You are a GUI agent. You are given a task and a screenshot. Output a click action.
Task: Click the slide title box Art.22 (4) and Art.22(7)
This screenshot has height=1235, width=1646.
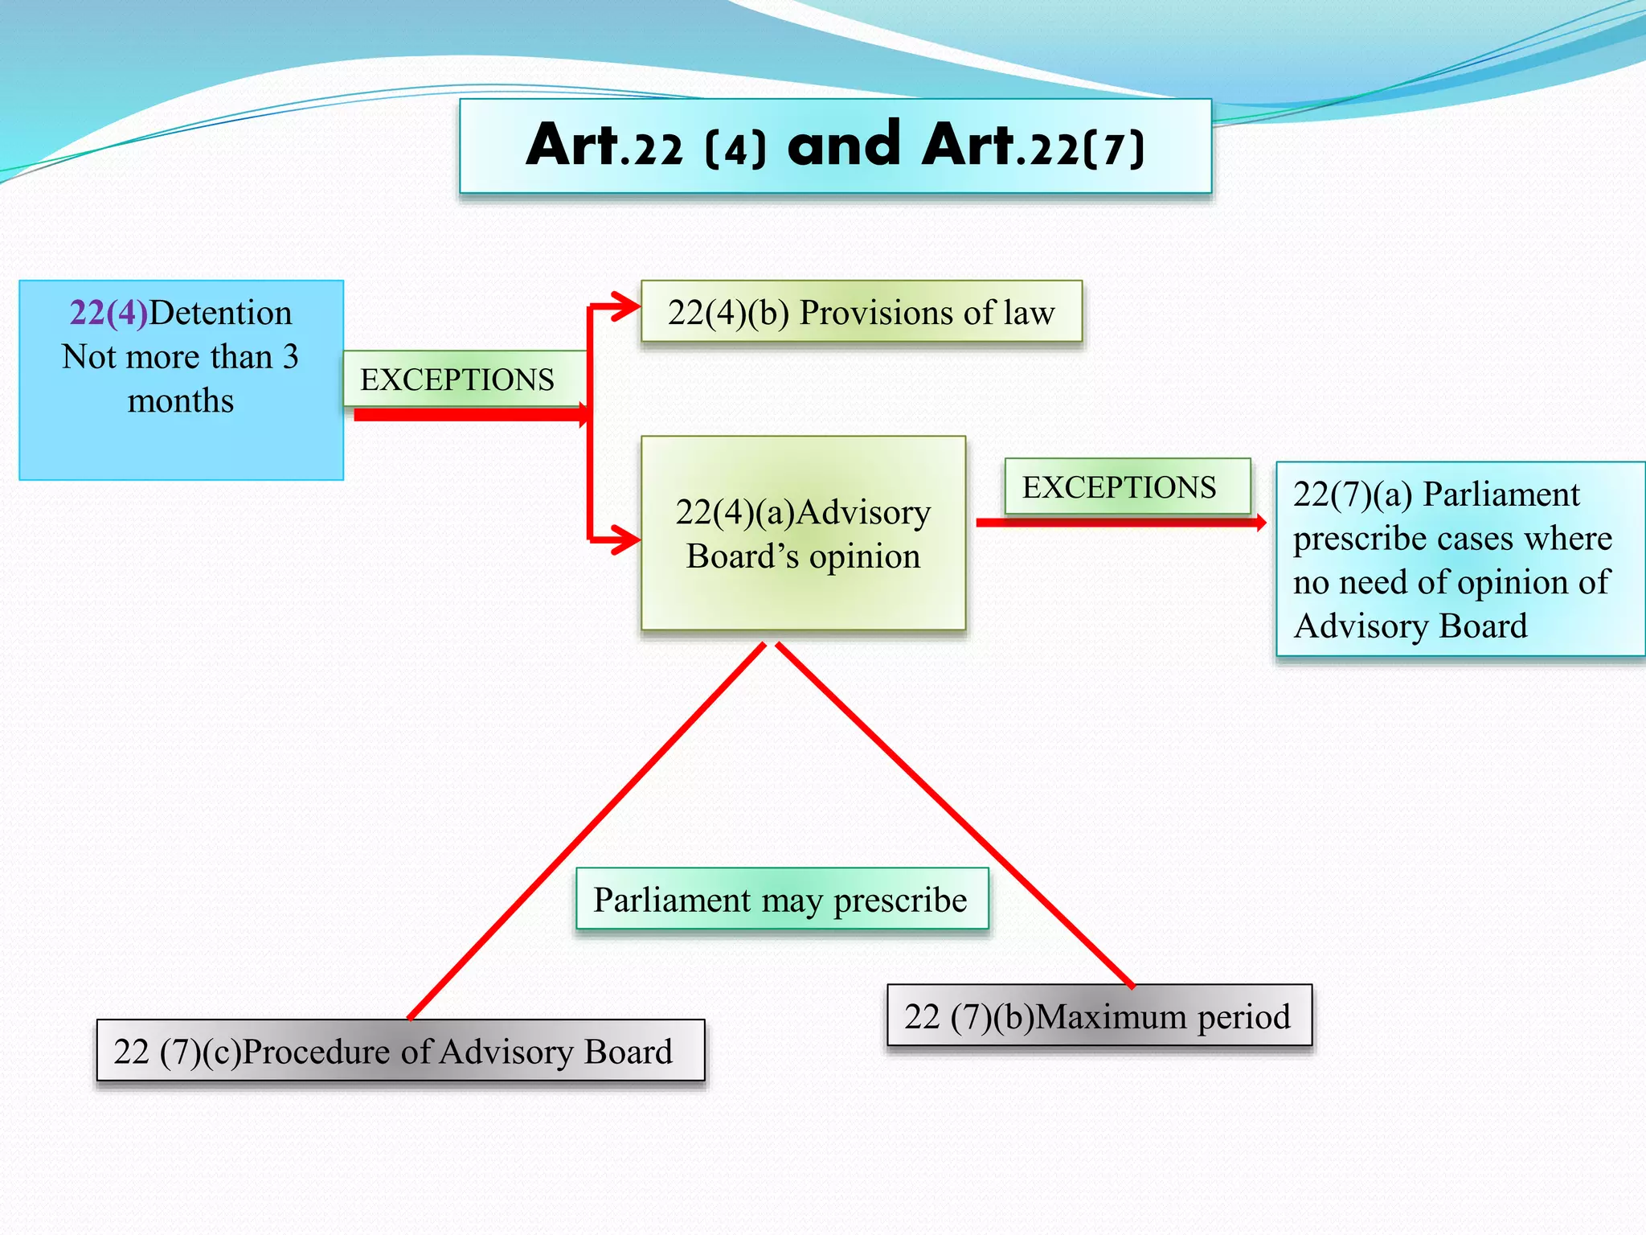pos(835,146)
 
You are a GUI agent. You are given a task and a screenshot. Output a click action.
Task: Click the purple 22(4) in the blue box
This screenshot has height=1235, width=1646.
pos(109,313)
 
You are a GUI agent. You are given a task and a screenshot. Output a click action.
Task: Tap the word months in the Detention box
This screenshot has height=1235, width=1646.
pos(181,400)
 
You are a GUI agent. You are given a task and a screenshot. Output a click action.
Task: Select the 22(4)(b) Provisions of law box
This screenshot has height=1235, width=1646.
pos(862,312)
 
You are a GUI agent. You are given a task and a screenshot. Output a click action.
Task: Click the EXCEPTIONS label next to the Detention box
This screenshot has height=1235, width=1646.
pos(457,380)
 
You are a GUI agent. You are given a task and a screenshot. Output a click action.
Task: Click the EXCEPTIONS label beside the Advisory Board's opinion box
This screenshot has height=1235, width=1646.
pos(1120,487)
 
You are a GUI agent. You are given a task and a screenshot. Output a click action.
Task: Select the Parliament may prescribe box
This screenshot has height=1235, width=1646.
pos(781,900)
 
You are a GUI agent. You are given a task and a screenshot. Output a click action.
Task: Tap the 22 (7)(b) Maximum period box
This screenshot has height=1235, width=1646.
pos(1098,1016)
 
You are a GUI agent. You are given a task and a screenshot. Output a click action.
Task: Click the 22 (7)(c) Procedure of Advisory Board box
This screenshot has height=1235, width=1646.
pos(399,1051)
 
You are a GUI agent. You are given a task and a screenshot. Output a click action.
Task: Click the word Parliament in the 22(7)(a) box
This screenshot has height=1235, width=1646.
pos(1501,494)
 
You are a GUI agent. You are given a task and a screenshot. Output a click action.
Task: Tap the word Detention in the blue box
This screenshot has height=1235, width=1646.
pos(221,313)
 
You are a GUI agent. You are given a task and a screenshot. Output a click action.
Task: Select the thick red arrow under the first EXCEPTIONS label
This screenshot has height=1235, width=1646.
pos(470,415)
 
